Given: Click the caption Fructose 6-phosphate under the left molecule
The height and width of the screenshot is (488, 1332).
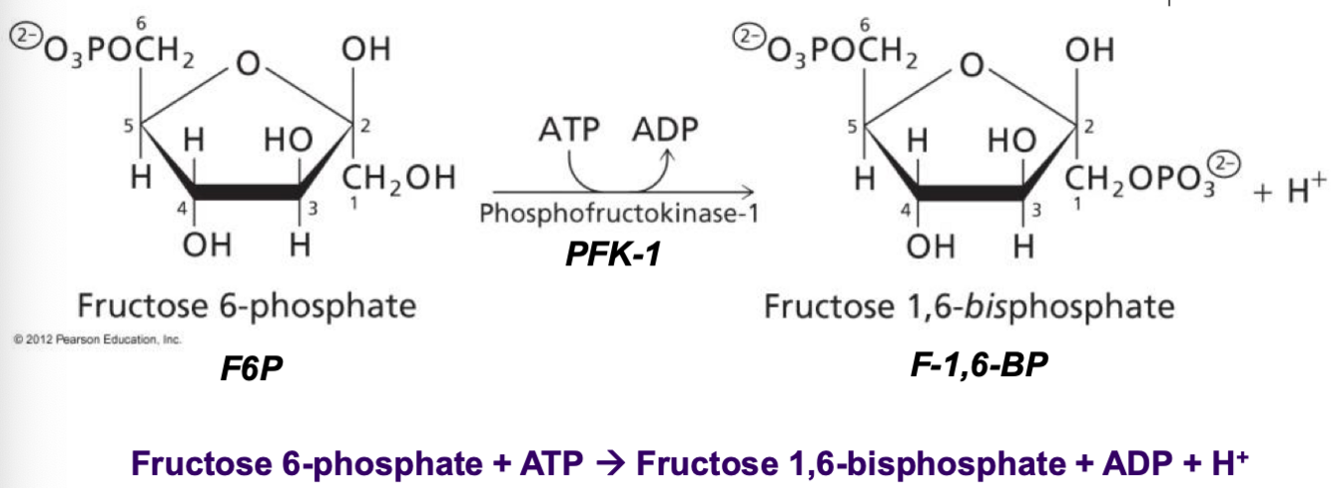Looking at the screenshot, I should tap(247, 304).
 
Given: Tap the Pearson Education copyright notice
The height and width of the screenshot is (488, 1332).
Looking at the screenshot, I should tap(97, 340).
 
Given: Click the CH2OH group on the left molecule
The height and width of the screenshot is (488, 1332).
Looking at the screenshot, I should tap(398, 180).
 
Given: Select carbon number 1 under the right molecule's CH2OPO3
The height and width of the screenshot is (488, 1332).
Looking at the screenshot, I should tap(1076, 205).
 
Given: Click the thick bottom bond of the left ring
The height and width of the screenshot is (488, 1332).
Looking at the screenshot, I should tap(247, 191).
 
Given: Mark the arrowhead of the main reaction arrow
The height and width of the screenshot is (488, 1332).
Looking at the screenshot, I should tap(746, 190).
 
